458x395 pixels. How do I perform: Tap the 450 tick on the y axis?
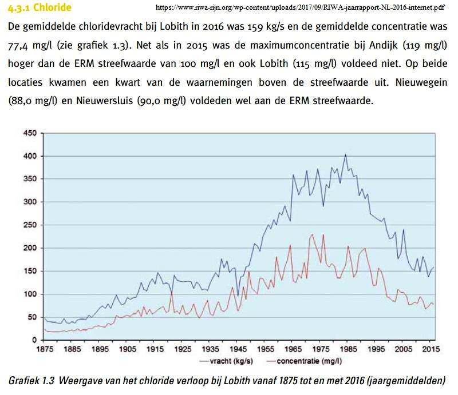pos(29,133)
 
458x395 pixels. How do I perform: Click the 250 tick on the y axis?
pos(29,225)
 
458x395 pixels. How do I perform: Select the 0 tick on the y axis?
pos(34,340)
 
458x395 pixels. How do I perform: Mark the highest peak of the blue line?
pos(345,154)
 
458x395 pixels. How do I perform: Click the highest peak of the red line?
pos(312,234)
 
